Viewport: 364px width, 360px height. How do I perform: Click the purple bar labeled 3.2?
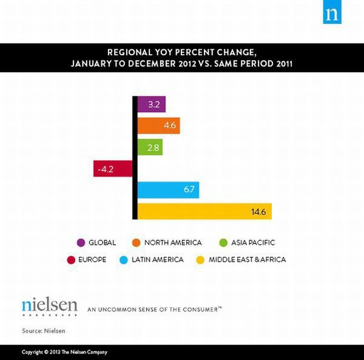click(x=152, y=104)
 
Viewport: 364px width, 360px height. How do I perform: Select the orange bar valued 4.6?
click(x=158, y=126)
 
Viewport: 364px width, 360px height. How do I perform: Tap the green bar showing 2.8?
click(x=150, y=147)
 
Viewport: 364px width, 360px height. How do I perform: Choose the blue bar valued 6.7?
click(x=168, y=190)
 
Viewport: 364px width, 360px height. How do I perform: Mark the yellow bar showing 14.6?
click(x=204, y=211)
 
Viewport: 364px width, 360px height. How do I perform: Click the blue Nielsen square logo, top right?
click(x=332, y=14)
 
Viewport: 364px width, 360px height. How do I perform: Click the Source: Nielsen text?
click(x=43, y=330)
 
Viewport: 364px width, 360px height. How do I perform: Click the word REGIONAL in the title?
click(x=129, y=52)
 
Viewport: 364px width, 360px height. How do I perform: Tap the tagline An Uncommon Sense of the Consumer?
click(x=155, y=308)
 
